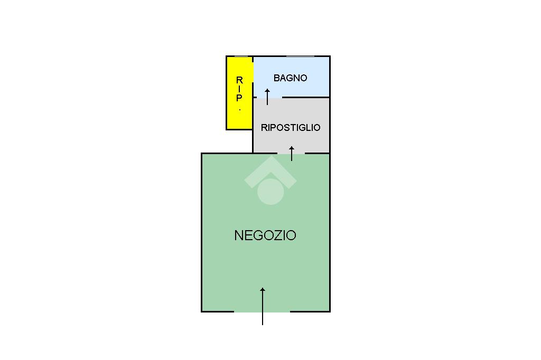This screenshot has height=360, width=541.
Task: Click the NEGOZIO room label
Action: tap(265, 235)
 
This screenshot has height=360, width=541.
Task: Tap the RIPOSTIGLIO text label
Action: tap(291, 128)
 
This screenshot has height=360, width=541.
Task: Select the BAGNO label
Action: tap(290, 78)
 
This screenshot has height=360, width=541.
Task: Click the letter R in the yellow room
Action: tap(239, 80)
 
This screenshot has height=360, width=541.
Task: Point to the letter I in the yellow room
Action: tap(239, 89)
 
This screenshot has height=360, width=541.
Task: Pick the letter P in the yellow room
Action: tap(239, 98)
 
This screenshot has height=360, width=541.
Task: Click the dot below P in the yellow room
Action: tap(240, 109)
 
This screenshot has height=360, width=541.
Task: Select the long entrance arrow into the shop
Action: tap(263, 306)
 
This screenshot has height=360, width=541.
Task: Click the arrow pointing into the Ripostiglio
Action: tap(292, 153)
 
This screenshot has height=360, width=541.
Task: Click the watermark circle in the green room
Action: tap(270, 191)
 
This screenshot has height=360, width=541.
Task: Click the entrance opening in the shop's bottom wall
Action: tap(262, 311)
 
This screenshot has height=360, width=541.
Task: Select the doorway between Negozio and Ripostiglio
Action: tap(291, 153)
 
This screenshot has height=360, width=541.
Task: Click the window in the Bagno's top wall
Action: tap(300, 56)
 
